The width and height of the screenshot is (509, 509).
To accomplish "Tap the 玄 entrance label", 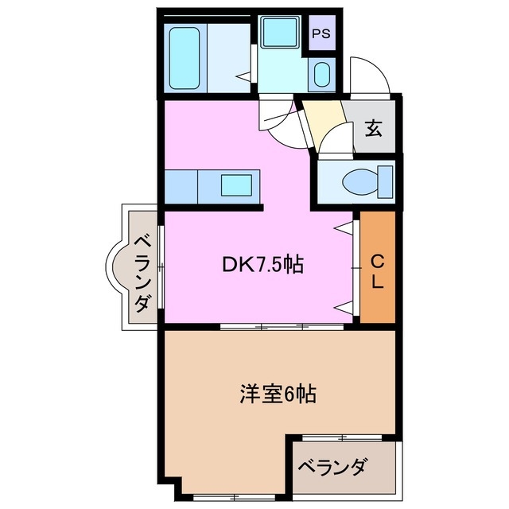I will [373, 126].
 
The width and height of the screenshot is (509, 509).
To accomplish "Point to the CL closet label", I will [378, 270].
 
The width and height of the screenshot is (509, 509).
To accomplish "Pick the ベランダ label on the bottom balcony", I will [332, 467].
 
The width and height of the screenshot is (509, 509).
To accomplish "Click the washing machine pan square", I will [280, 33].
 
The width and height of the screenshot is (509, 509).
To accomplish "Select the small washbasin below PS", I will [321, 76].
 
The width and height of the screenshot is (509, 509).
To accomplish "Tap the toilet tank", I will [387, 181].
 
